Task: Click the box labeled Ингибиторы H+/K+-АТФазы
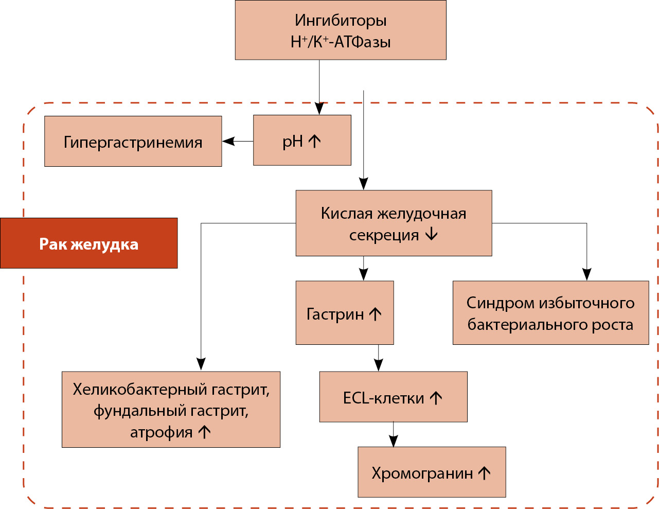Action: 341,30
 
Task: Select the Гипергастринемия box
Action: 133,142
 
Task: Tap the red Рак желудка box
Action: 89,243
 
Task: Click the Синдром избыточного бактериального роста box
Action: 550,313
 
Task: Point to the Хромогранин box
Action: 432,472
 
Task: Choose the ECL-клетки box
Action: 393,397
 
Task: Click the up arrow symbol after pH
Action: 315,141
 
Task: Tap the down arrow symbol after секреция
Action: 431,235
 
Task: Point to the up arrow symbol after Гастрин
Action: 376,314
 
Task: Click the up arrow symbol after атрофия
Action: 205,432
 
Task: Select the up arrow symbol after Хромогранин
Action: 484,473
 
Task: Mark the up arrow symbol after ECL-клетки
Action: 436,398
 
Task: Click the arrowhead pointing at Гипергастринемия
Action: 228,141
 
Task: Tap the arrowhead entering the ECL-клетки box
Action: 379,365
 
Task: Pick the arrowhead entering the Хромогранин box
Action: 394,441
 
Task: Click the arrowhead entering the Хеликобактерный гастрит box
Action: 201,364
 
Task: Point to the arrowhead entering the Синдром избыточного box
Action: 586,274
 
